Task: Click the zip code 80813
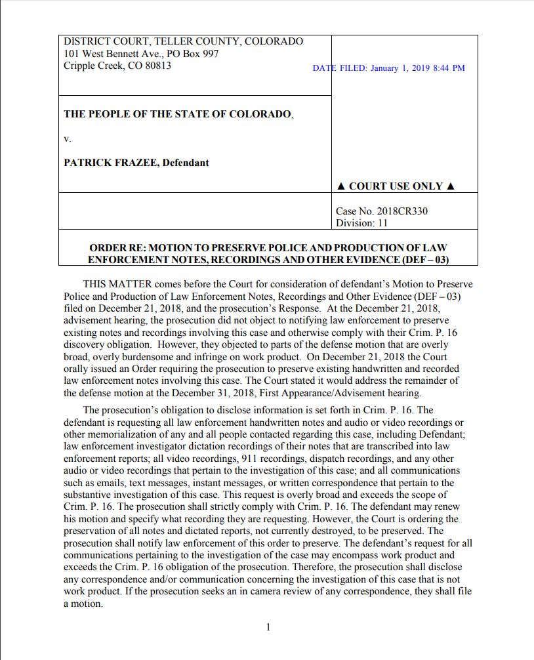click(x=155, y=66)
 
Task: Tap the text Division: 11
click(x=361, y=223)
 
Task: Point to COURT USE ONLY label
click(x=396, y=186)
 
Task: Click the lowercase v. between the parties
click(x=67, y=138)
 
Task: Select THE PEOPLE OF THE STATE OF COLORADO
click(x=178, y=114)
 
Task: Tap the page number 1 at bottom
click(x=268, y=628)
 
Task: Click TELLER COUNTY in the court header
click(x=195, y=41)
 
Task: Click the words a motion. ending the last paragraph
click(x=83, y=604)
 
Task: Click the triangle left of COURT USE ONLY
click(x=340, y=186)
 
